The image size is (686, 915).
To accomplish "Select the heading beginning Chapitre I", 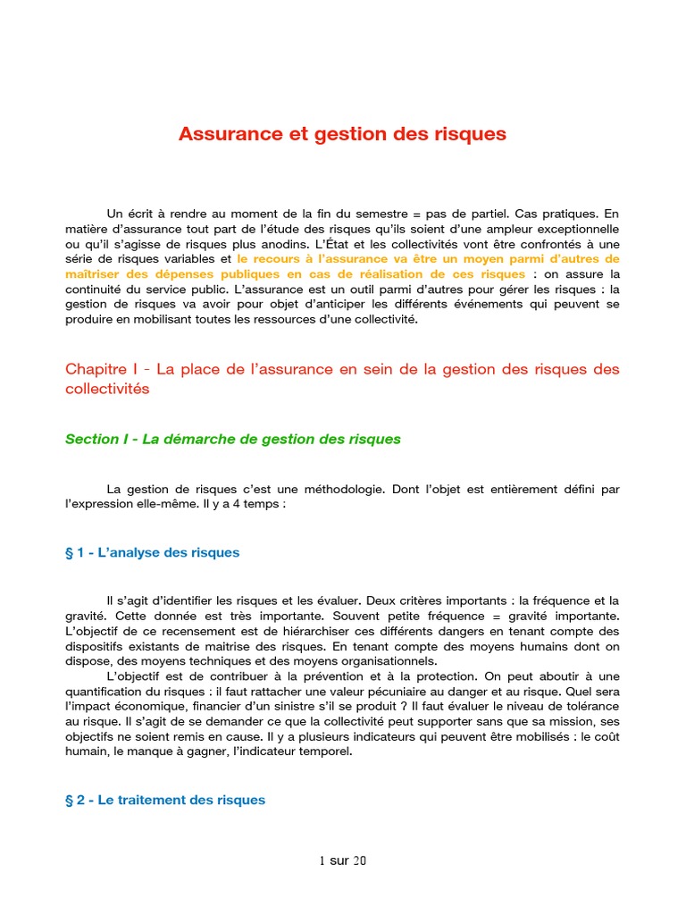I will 342,379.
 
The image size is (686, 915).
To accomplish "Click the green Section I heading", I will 233,439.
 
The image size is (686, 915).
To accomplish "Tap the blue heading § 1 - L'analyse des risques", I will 153,552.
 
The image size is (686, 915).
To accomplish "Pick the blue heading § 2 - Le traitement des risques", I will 165,800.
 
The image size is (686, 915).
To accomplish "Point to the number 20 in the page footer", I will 359,861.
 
